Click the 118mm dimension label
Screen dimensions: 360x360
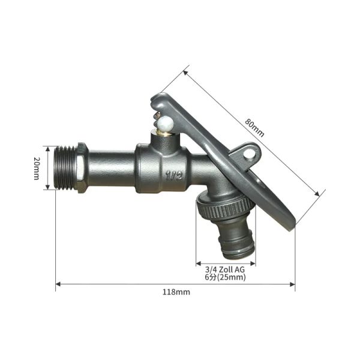(176, 292)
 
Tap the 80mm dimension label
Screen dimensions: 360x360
(254, 127)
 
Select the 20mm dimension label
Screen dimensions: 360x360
(37, 168)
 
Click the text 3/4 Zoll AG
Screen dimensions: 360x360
(225, 269)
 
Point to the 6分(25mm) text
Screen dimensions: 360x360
(225, 277)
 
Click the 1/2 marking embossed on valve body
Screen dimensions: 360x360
(174, 176)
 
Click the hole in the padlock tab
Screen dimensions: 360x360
(249, 154)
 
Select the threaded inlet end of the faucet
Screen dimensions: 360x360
(67, 168)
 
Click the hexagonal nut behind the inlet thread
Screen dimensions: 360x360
(83, 168)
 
